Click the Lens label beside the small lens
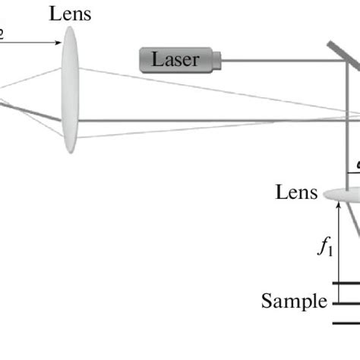[296, 192]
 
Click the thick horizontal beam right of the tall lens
[213, 119]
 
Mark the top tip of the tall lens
[69, 28]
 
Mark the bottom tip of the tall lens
[69, 152]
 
